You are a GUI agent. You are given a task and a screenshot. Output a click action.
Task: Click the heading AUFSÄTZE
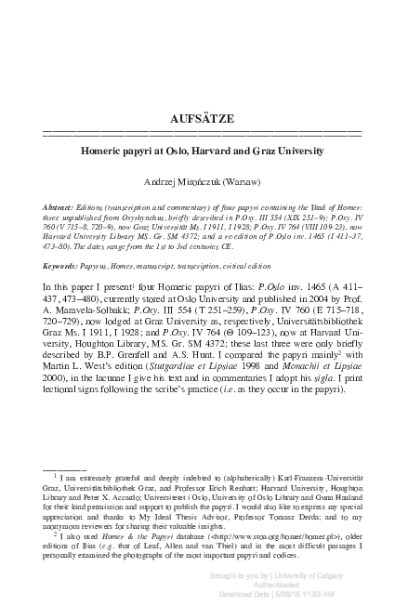(204, 119)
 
